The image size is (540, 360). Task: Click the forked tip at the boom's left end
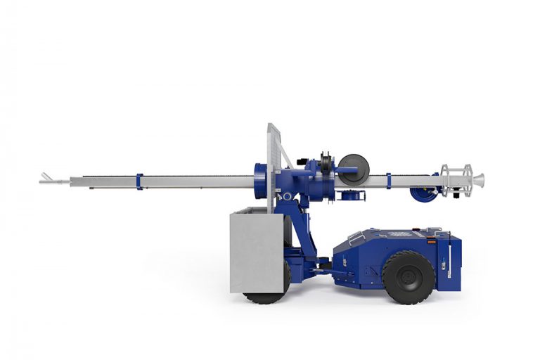point(46,178)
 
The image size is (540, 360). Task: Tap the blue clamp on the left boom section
point(139,181)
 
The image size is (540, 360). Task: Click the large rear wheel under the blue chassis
point(408,277)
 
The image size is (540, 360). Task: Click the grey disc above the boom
point(353,169)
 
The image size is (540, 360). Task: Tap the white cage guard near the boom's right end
point(454,180)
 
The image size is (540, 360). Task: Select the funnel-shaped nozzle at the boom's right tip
point(478,180)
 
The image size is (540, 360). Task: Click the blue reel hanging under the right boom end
point(423,194)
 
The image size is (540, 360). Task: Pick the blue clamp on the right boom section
point(388,181)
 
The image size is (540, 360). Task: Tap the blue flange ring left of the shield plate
point(259,181)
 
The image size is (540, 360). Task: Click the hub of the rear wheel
point(408,277)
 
